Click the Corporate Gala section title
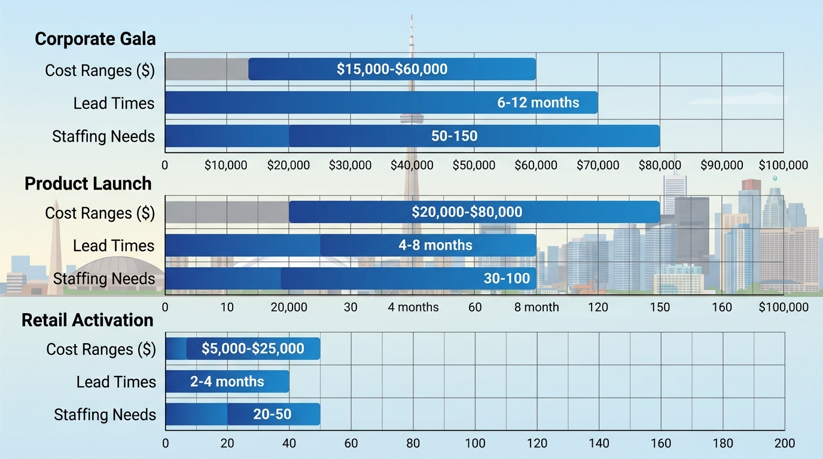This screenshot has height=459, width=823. (95, 39)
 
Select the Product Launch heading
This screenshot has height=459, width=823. (88, 183)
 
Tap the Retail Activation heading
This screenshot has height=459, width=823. (87, 320)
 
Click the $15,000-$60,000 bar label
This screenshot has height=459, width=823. (392, 69)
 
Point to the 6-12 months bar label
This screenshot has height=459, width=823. (538, 102)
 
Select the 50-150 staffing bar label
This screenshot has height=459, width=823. (454, 136)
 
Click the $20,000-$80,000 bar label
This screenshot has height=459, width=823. (467, 212)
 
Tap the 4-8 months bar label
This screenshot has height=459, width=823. (435, 245)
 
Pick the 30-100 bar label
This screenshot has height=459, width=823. (507, 279)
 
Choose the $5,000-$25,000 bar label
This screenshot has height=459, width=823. (252, 348)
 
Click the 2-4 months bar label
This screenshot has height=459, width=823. (227, 381)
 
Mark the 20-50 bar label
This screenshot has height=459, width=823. (272, 414)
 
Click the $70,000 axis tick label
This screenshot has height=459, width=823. (598, 166)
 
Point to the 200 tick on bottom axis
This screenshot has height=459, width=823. (784, 443)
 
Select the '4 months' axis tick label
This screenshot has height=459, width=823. (413, 308)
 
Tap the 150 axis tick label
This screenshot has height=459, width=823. (660, 308)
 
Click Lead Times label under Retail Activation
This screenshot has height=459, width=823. (116, 382)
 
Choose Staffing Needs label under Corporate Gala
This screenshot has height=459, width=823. (103, 136)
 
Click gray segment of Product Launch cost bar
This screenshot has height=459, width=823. (227, 212)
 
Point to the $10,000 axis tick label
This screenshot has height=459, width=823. (225, 166)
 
